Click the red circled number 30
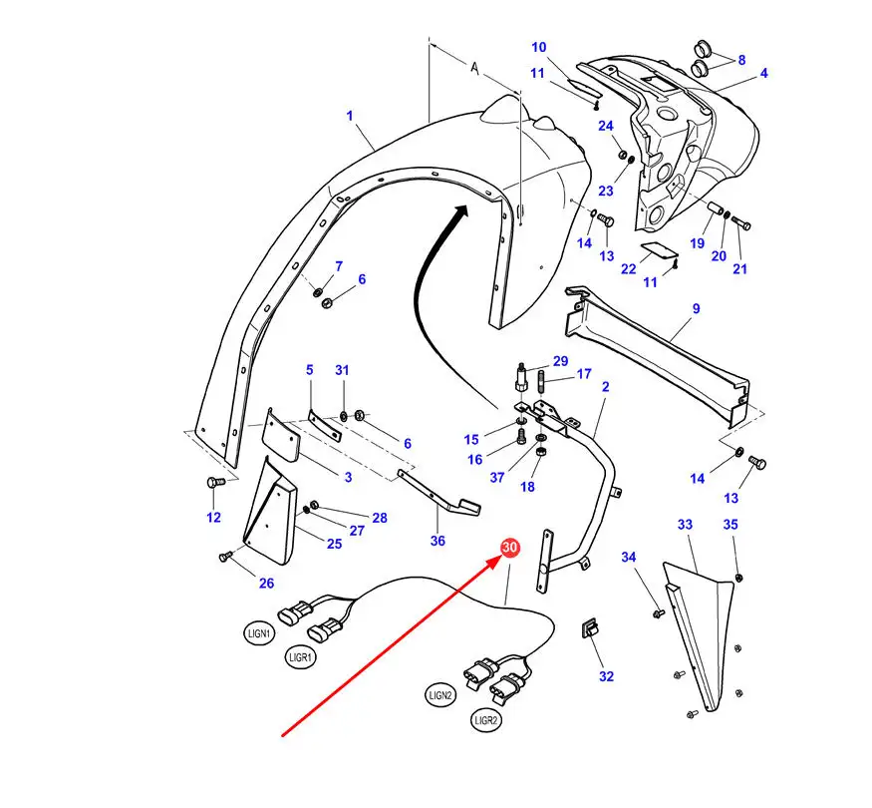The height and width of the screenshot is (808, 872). coord(509,548)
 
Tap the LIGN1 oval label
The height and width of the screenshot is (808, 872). coord(258,632)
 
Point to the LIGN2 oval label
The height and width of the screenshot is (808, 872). coord(441,694)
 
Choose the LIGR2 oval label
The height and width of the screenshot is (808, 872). coord(487,719)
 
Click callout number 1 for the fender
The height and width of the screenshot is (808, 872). coord(350,116)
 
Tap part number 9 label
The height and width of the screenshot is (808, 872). coord(697,309)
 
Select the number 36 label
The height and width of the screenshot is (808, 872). coord(437,541)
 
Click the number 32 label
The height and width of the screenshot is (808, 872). coord(606,675)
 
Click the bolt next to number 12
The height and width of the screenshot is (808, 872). coord(212,484)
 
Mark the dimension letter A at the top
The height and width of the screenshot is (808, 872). coord(474,69)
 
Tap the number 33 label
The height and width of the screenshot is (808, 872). coord(685,525)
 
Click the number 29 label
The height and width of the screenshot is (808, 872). coord(560,360)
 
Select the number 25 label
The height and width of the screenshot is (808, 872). coord(334,543)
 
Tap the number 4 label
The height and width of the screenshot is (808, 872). coord(763,73)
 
